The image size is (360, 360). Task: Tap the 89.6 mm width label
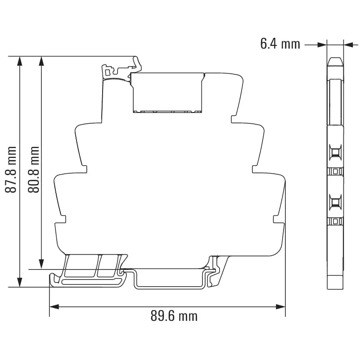(x=174, y=316)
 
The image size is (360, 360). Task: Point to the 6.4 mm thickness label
(x=280, y=44)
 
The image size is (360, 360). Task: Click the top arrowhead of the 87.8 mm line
(x=19, y=61)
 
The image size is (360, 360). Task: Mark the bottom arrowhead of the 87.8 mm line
(x=19, y=282)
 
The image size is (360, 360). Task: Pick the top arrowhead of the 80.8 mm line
(x=41, y=61)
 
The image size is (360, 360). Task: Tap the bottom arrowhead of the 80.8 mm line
(x=41, y=265)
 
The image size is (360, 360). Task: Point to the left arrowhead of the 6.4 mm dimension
(x=322, y=44)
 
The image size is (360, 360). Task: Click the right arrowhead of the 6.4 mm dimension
(x=347, y=44)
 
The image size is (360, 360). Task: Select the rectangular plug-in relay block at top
(x=167, y=92)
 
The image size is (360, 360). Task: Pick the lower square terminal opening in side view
(x=335, y=203)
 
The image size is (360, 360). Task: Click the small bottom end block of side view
(x=335, y=282)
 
